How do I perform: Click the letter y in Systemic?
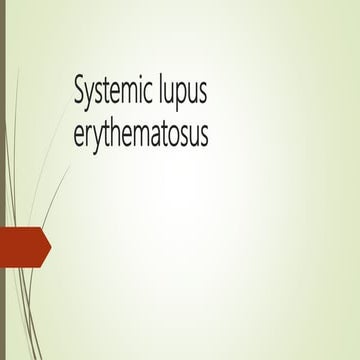tap(90, 95)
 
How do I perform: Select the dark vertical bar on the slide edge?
tap(3, 180)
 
